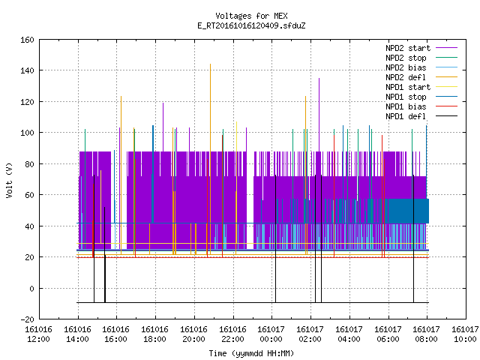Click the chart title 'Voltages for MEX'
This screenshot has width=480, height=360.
pyautogui.click(x=251, y=16)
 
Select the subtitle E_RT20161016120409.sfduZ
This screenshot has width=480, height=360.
pyautogui.click(x=251, y=25)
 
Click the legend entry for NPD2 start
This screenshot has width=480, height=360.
pyautogui.click(x=421, y=48)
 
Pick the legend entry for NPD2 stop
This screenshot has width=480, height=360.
pyautogui.click(x=421, y=58)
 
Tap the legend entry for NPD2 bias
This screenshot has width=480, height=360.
pyautogui.click(x=421, y=67)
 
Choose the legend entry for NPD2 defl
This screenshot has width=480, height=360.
pyautogui.click(x=421, y=77)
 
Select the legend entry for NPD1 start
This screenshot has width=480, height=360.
pyautogui.click(x=421, y=87)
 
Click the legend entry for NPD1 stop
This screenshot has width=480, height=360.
pyautogui.click(x=421, y=97)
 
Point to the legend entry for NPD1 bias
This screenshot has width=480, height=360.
pyautogui.click(x=421, y=106)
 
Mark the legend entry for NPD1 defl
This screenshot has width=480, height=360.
pyautogui.click(x=421, y=117)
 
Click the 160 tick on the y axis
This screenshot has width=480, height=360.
pyautogui.click(x=27, y=40)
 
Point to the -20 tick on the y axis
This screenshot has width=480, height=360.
pyautogui.click(x=27, y=319)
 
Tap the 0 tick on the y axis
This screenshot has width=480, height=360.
pyautogui.click(x=31, y=289)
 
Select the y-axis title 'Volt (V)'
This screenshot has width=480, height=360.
pyautogui.click(x=9, y=180)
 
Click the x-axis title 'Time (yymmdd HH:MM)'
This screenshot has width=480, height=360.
pyautogui.click(x=251, y=353)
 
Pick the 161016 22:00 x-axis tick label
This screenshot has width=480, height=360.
pyautogui.click(x=232, y=334)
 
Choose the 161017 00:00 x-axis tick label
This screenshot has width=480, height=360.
pyautogui.click(x=271, y=334)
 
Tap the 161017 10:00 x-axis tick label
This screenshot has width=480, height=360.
pyautogui.click(x=465, y=334)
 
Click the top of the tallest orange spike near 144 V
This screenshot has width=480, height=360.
pyautogui.click(x=210, y=64)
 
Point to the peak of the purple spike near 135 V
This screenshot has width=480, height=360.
pyautogui.click(x=319, y=78)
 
